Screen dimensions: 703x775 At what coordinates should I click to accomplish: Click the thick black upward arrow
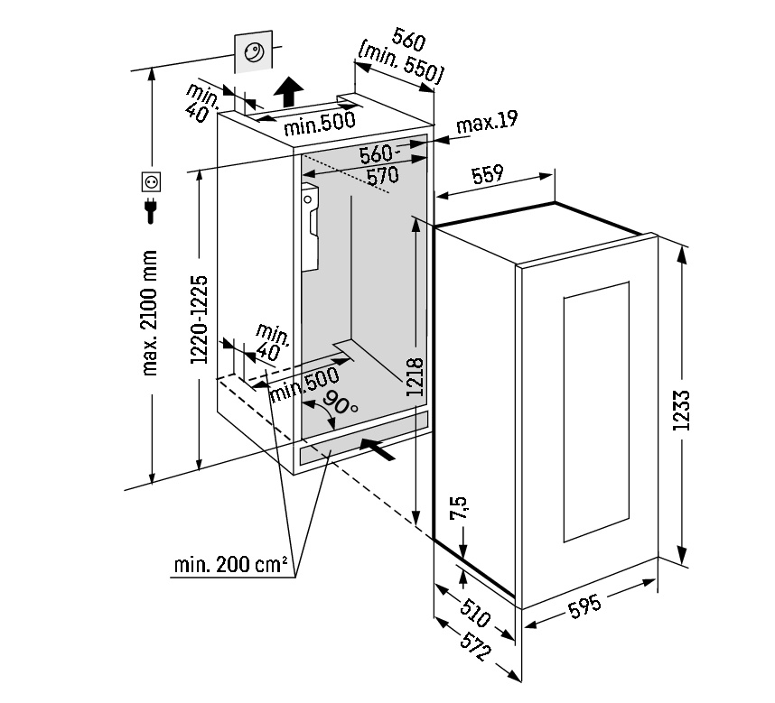pyautogui.click(x=288, y=91)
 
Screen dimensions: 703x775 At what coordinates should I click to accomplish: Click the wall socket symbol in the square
pyautogui.click(x=152, y=182)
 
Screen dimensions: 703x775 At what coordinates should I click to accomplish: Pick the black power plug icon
pyautogui.click(x=151, y=213)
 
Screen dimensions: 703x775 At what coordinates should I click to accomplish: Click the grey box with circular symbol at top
pyautogui.click(x=253, y=51)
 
